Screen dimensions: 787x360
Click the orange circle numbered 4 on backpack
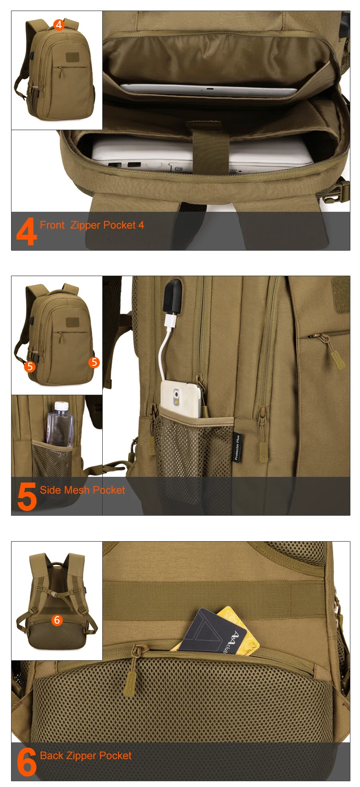(59, 24)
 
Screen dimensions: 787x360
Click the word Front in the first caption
(52, 225)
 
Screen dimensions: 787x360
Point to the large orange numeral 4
(26, 231)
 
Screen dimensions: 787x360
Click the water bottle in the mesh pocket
(60, 423)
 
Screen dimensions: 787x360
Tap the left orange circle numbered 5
(30, 366)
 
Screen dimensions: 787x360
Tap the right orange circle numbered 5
(94, 362)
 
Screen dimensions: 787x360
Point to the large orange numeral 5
(27, 497)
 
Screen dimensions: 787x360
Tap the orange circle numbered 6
(57, 620)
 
